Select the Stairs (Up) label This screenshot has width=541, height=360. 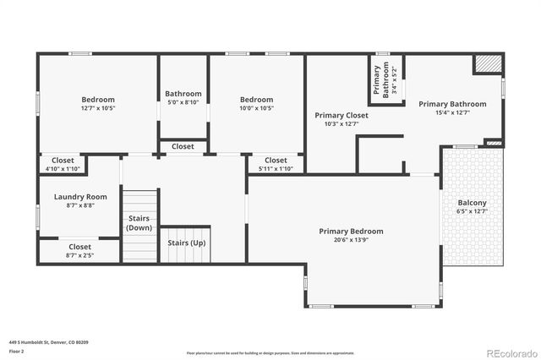pyautogui.click(x=185, y=243)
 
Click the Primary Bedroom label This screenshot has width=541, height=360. pyautogui.click(x=351, y=231)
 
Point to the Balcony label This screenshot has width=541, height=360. pyautogui.click(x=473, y=203)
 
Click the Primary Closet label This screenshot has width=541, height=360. pyautogui.click(x=342, y=115)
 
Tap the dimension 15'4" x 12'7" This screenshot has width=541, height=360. pyautogui.click(x=452, y=112)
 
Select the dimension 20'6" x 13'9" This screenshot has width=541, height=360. pyautogui.click(x=351, y=240)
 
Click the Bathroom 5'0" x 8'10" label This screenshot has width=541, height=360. pyautogui.click(x=183, y=94)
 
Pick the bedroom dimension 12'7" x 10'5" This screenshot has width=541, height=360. pyautogui.click(x=98, y=108)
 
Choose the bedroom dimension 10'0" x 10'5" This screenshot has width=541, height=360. pyautogui.click(x=256, y=108)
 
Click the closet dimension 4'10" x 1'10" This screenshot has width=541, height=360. pyautogui.click(x=63, y=169)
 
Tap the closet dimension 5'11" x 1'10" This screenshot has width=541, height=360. pyautogui.click(x=276, y=169)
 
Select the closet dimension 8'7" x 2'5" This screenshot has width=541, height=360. pyautogui.click(x=79, y=255)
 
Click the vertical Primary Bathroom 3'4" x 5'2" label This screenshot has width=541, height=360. pyautogui.click(x=380, y=82)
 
